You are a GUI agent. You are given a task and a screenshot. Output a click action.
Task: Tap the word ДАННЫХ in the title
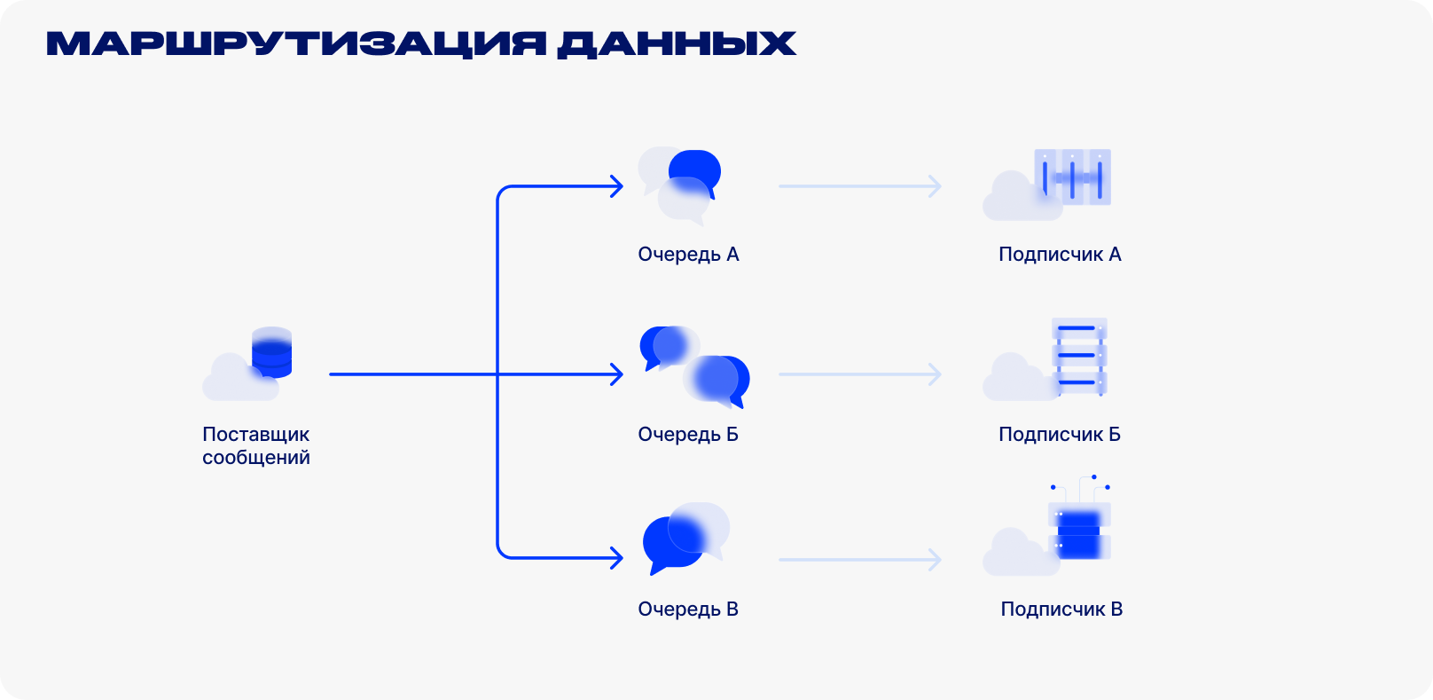point(677,44)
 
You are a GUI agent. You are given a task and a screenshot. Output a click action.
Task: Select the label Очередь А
point(688,255)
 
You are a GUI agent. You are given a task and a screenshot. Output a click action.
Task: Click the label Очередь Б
point(688,435)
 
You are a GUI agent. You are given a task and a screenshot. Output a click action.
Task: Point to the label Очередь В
point(688,610)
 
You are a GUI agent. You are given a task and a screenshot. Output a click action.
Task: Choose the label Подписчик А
point(1060,255)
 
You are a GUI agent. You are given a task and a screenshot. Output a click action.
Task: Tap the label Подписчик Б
point(1060,435)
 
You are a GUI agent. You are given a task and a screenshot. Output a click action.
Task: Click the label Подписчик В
point(1062,610)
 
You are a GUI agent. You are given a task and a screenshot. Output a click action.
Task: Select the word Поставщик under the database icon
point(256,435)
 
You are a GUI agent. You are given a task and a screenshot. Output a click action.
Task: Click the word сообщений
point(256,458)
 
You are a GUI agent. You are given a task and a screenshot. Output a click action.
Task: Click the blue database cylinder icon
point(272,352)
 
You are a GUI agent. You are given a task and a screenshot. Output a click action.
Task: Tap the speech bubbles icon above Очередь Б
point(694,367)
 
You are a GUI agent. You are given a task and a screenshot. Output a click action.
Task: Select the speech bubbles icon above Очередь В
point(686,539)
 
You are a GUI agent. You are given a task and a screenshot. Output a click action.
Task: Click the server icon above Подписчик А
point(1073,177)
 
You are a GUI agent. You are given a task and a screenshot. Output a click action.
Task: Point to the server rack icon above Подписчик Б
point(1079,357)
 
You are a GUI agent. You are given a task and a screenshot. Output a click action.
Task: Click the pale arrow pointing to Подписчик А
point(860,186)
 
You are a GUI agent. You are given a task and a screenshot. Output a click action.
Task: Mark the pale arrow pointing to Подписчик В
point(860,560)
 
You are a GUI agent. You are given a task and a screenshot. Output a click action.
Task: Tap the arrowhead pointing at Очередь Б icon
point(616,374)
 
